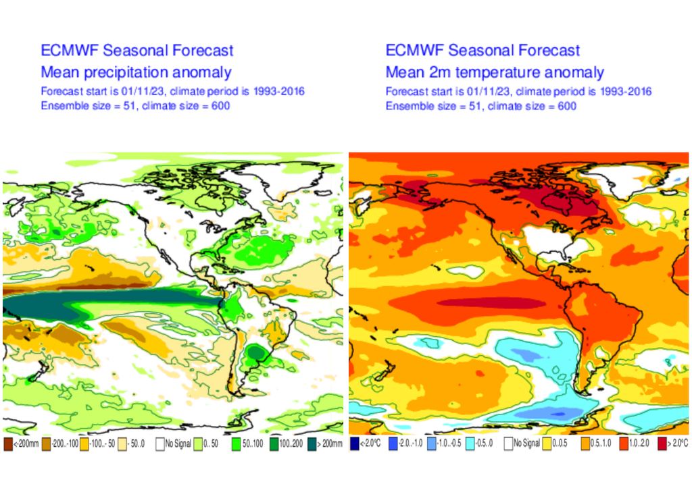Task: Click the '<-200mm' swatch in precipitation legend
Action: pos(8,443)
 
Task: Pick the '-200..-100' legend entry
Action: pos(46,443)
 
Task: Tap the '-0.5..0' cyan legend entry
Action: pos(472,443)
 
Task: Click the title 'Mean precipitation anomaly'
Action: pos(136,72)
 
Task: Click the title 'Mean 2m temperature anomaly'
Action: pos(495,72)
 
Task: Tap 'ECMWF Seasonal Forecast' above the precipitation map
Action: pos(137,51)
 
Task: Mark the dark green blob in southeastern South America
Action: pos(255,352)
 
